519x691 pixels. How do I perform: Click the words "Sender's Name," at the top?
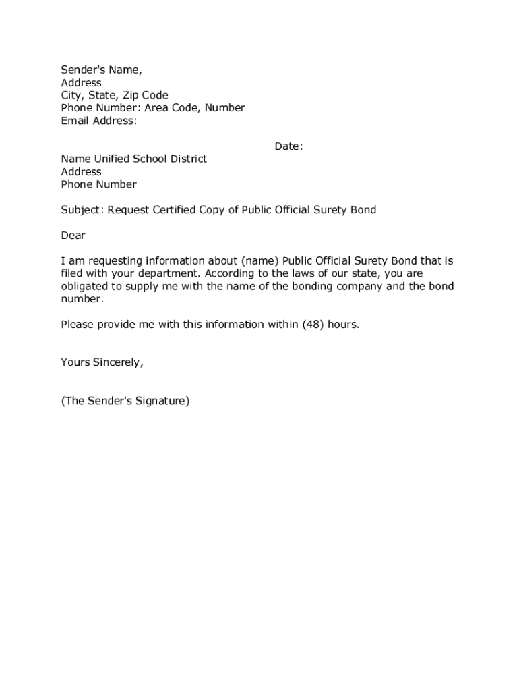102,70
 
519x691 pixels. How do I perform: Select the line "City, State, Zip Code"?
115,95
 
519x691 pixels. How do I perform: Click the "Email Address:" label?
99,121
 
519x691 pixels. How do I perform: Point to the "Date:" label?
288,146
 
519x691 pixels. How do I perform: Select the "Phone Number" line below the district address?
98,184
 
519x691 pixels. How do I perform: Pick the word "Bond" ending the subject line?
363,210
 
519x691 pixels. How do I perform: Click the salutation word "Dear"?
73,236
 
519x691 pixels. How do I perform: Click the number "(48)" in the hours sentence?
311,325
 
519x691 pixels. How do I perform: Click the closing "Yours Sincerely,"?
102,362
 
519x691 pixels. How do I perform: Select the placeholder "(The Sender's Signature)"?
125,401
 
